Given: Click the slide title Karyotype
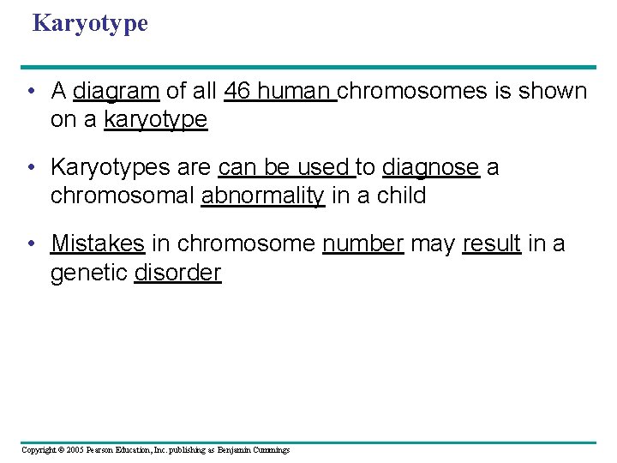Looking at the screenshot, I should click(90, 23).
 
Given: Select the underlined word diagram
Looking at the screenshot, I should click(117, 91).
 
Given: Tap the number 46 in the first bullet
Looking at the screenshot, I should click(237, 91).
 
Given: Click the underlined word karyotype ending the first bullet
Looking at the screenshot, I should click(155, 120).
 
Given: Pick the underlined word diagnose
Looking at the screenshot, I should click(430, 167).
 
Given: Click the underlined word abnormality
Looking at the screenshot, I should click(262, 196).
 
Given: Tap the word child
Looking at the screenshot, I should click(400, 196).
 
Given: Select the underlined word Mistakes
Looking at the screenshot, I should click(98, 244).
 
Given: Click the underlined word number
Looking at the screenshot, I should click(362, 244).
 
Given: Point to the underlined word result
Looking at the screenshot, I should click(491, 244).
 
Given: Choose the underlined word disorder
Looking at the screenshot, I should click(177, 273).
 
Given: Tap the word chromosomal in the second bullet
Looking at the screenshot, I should click(123, 196).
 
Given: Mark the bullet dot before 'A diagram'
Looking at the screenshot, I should click(31, 91).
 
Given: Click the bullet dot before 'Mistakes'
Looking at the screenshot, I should click(31, 244).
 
